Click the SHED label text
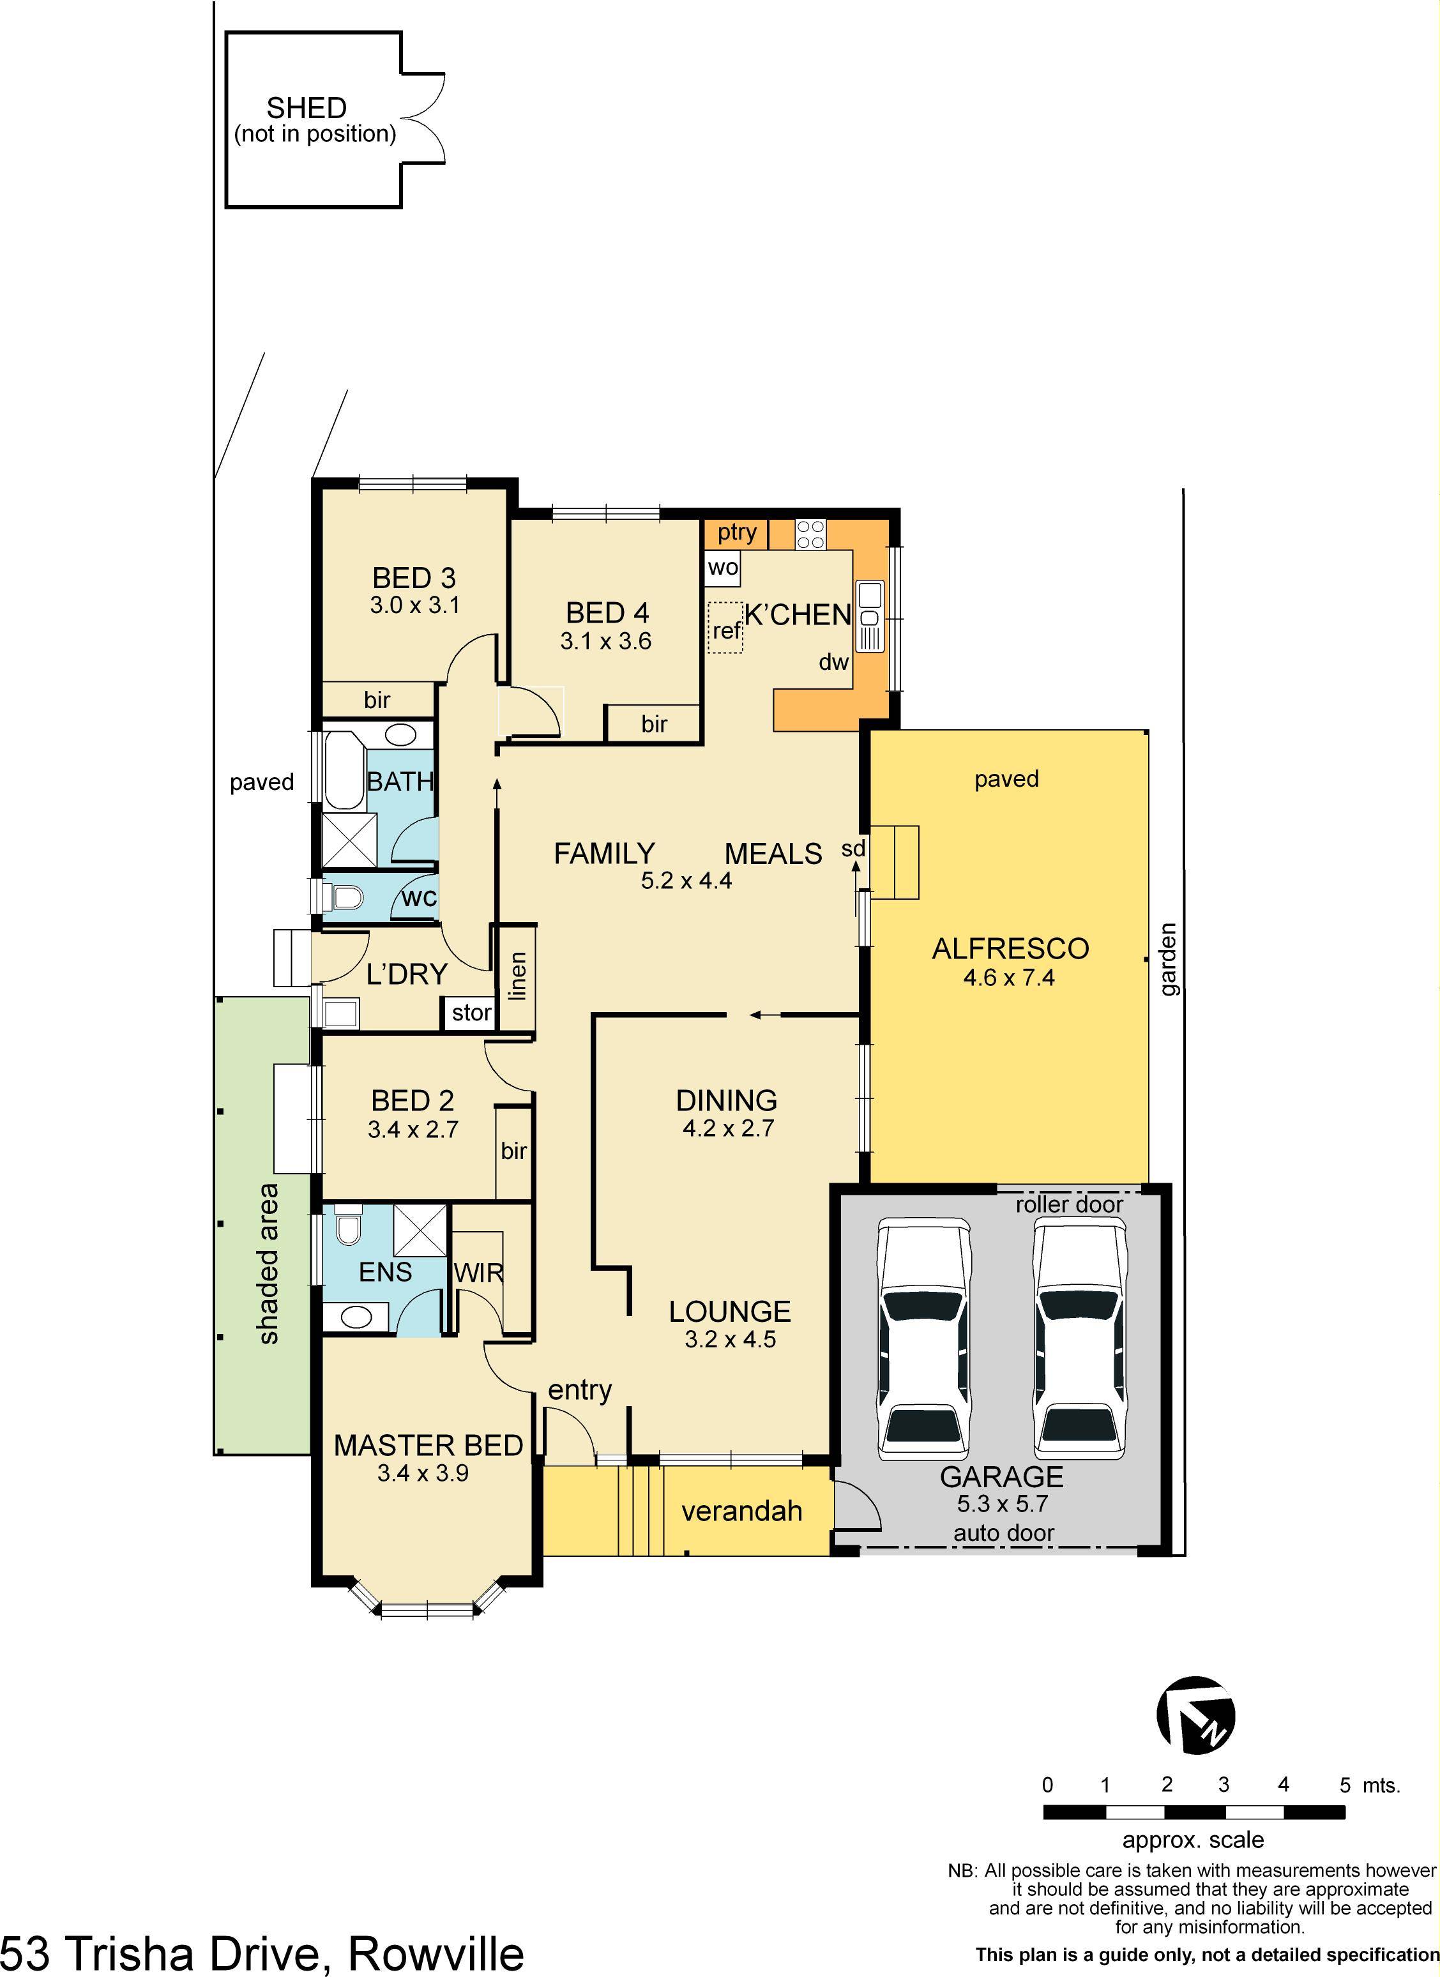pyautogui.click(x=306, y=108)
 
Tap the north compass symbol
pyautogui.click(x=1195, y=1715)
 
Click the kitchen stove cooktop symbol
pyautogui.click(x=810, y=533)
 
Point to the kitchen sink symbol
pyautogui.click(x=870, y=616)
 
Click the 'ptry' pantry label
pyautogui.click(x=736, y=532)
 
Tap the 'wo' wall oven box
pyautogui.click(x=723, y=568)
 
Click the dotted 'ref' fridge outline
pyautogui.click(x=725, y=628)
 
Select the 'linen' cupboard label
pyautogui.click(x=517, y=976)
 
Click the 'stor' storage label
pyautogui.click(x=471, y=1013)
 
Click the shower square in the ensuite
pyautogui.click(x=420, y=1230)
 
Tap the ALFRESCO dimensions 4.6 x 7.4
pyautogui.click(x=1008, y=977)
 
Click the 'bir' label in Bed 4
pyautogui.click(x=654, y=723)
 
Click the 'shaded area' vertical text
pyautogui.click(x=268, y=1264)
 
